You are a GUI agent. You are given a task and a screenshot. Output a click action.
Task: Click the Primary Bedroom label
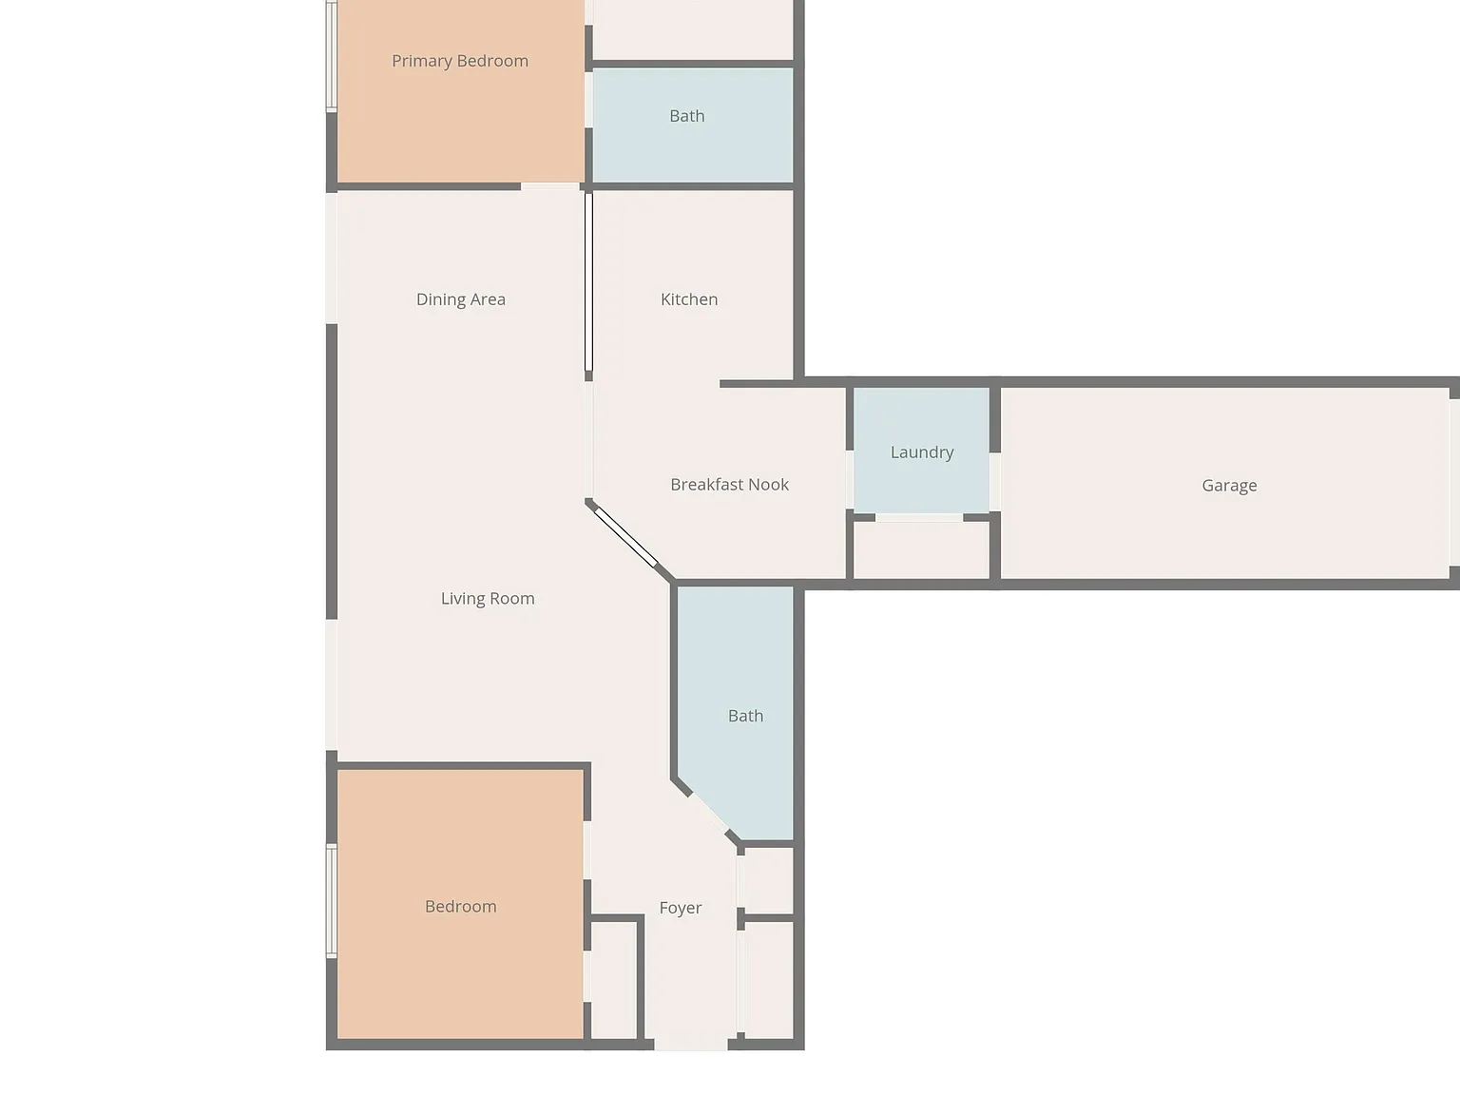tap(460, 61)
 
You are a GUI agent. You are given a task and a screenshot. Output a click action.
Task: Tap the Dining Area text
tap(461, 299)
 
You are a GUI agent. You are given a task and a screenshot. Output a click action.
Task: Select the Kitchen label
tap(689, 299)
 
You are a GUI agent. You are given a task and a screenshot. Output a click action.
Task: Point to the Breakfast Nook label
tap(730, 485)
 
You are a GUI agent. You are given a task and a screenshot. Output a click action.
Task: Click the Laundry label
tap(922, 452)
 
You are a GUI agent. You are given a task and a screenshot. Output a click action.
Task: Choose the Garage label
tap(1229, 486)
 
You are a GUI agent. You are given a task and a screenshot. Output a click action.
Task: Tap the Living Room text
tap(488, 599)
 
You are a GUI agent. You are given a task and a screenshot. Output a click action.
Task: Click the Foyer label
tap(681, 908)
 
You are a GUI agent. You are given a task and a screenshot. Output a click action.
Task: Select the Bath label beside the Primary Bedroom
tap(687, 116)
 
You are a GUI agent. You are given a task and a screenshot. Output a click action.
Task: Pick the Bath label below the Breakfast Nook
tap(745, 716)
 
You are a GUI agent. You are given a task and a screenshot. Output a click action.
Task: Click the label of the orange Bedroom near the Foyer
tap(461, 907)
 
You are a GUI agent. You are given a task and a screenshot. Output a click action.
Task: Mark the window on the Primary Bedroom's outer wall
tap(331, 56)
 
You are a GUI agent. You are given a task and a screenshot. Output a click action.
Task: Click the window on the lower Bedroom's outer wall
tap(331, 901)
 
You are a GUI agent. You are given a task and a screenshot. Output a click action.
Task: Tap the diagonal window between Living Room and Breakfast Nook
tap(625, 537)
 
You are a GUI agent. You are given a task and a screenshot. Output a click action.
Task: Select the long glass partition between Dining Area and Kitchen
tap(588, 282)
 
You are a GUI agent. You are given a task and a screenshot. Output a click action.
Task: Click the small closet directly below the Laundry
tap(922, 549)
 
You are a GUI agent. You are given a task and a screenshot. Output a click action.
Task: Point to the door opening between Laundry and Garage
tap(995, 482)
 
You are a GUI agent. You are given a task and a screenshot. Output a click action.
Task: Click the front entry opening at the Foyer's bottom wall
tap(691, 1045)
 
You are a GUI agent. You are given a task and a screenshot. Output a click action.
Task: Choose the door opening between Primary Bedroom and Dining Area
tap(550, 187)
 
